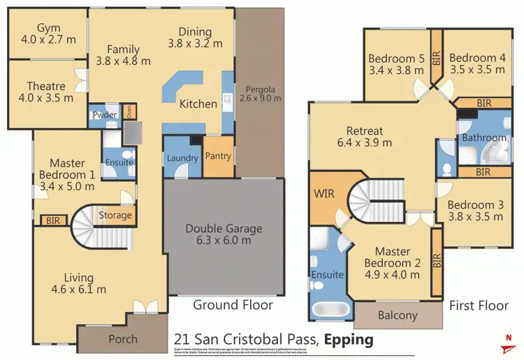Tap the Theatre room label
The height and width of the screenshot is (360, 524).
(47, 87)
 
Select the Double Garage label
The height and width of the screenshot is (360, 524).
(224, 228)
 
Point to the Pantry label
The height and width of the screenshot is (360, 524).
(218, 156)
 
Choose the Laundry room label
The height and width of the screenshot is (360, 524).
(182, 158)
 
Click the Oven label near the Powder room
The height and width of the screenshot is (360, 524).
(128, 111)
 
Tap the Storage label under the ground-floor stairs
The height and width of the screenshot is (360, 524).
(115, 215)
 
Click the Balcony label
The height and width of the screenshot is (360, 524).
(398, 315)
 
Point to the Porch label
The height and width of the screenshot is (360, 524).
(123, 340)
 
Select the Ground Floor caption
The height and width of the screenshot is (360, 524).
(233, 305)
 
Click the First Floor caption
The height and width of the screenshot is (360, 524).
(479, 305)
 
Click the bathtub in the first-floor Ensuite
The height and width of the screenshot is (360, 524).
(328, 307)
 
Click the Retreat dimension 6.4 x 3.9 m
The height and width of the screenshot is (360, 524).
(365, 143)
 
